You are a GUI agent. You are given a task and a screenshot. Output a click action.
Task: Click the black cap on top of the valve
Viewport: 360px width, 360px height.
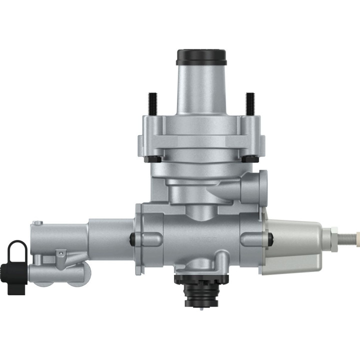(201, 56)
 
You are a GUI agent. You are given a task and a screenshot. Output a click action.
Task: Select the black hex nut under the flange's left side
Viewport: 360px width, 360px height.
(155, 159)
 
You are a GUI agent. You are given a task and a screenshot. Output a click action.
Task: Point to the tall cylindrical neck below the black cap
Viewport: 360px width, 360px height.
(201, 90)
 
